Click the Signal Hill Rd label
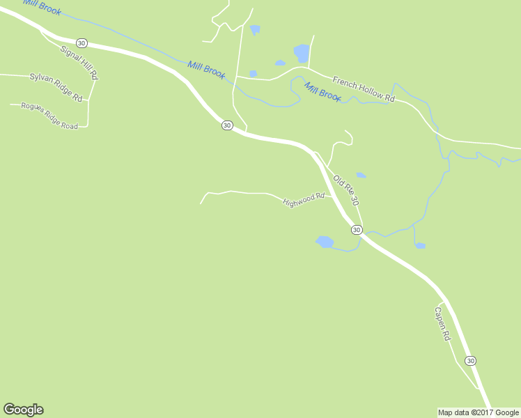[x=79, y=63]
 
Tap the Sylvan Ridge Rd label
[x=56, y=86]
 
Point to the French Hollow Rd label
[x=363, y=89]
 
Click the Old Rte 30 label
[x=345, y=190]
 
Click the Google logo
[x=23, y=410]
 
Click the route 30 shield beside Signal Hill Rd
[x=82, y=42]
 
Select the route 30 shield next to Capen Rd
[x=471, y=360]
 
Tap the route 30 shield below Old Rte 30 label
[x=356, y=229]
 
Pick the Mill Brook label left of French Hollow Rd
[x=322, y=91]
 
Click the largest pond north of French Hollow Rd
[x=302, y=52]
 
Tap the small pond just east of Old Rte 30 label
[x=361, y=175]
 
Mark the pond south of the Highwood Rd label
[x=325, y=242]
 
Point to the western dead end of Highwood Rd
[x=201, y=203]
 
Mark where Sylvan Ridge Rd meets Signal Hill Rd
[x=88, y=101]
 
